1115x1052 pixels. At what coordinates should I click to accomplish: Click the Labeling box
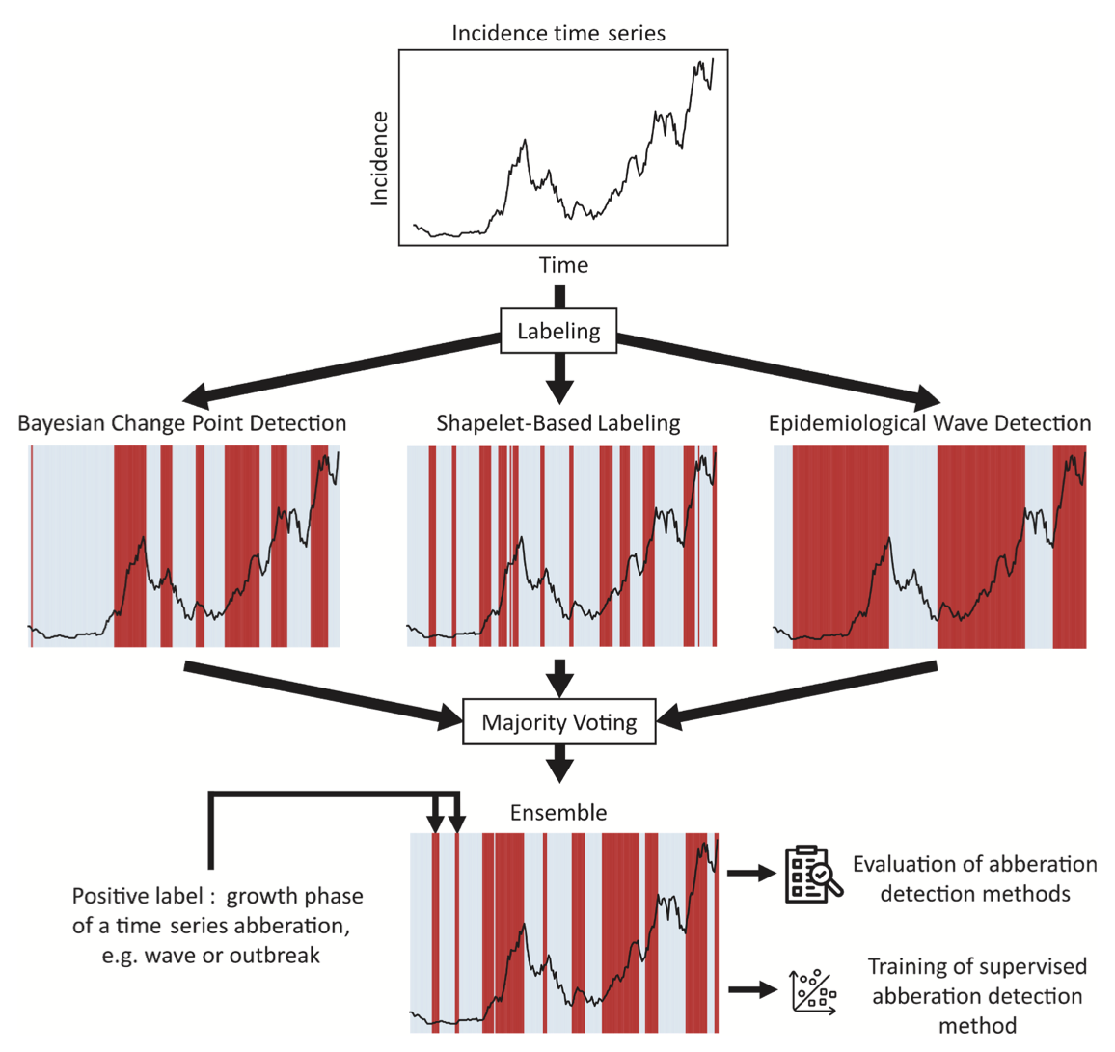click(558, 331)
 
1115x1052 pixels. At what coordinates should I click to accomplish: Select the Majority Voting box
click(558, 722)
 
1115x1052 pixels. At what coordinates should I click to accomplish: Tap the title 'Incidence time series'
click(558, 34)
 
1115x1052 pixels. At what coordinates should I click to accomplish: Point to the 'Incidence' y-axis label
click(379, 158)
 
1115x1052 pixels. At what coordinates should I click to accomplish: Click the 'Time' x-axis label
click(563, 265)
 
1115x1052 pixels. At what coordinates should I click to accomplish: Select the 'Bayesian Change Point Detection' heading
click(182, 422)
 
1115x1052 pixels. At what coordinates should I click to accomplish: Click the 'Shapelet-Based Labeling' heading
click(558, 422)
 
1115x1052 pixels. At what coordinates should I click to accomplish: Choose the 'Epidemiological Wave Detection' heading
click(930, 422)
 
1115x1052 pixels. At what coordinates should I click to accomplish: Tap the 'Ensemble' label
click(558, 812)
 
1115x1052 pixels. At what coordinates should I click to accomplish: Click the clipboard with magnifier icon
click(813, 875)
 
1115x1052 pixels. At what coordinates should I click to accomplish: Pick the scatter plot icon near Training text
click(813, 990)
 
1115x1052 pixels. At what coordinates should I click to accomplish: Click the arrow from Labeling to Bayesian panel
click(338, 367)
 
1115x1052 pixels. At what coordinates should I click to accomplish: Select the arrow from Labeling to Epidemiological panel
click(781, 367)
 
